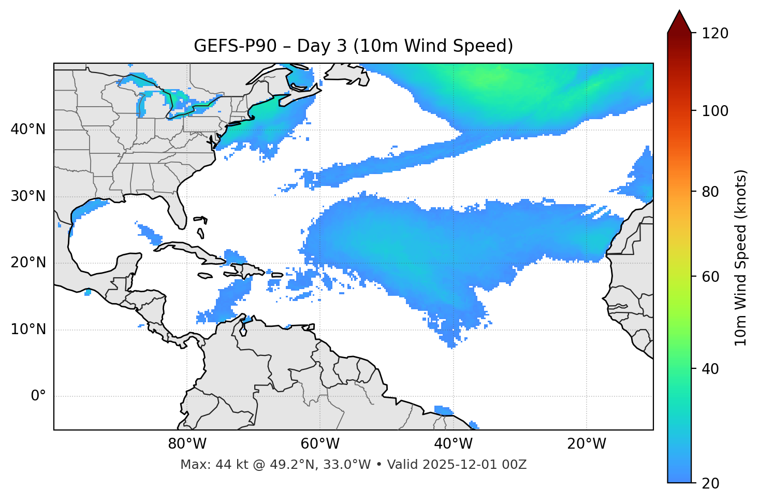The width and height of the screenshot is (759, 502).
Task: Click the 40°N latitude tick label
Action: tap(28, 130)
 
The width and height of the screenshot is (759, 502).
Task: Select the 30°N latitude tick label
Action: tap(28, 196)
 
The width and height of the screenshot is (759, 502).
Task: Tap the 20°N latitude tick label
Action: tap(28, 263)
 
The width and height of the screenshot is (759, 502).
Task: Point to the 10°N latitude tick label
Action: tap(28, 329)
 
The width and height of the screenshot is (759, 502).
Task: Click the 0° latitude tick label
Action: tap(38, 396)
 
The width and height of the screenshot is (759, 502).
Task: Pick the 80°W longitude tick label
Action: tap(187, 444)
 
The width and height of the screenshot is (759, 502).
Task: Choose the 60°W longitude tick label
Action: tap(320, 444)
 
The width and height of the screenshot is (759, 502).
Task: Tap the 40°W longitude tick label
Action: tap(453, 444)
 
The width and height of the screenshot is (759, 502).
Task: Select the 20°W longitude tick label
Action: tap(587, 444)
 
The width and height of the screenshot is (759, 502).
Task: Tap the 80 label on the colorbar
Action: tap(710, 192)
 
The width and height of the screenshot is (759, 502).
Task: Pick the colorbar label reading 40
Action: tap(710, 369)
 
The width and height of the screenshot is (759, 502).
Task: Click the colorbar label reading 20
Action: tap(710, 483)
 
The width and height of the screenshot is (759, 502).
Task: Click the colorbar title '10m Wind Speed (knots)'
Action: tap(741, 257)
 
